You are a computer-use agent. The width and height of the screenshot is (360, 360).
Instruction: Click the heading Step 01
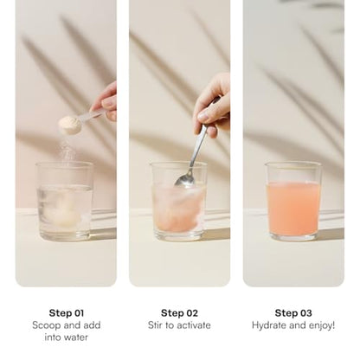67,313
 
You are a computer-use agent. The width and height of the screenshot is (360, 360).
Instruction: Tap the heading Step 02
179,313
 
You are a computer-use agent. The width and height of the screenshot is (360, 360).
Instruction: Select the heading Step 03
293,313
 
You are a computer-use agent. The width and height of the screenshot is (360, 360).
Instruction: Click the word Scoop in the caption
46,325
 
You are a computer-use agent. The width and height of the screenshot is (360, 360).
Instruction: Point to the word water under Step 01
74,337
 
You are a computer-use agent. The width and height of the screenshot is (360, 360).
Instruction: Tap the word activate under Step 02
194,325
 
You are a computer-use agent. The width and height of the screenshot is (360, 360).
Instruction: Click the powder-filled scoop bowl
68,125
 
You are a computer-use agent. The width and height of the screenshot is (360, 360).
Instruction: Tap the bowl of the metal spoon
185,181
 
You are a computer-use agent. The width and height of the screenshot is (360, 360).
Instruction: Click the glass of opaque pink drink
293,202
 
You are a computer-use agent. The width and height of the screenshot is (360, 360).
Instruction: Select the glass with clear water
65,202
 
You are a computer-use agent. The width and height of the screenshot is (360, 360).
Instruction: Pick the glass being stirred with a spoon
178,202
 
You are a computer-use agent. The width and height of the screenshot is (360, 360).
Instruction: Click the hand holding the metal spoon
213,106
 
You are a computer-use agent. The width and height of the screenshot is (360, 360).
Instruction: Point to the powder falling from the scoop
67,150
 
